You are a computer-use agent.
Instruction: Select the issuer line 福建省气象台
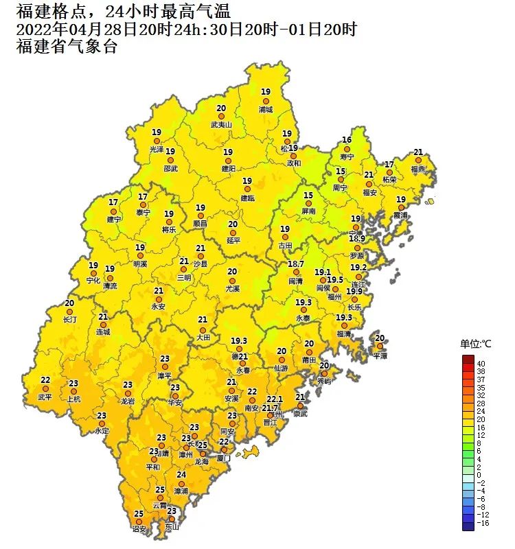click(x=66, y=47)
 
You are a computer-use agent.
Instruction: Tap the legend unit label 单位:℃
click(x=476, y=344)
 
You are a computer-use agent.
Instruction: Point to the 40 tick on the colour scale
click(x=481, y=363)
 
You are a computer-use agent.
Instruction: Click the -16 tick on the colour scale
click(x=482, y=524)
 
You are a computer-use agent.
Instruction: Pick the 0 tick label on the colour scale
click(x=479, y=475)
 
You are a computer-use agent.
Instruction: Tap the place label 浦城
click(x=265, y=109)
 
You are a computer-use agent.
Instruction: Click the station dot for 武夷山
click(x=221, y=117)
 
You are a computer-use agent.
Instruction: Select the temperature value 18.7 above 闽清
click(x=296, y=264)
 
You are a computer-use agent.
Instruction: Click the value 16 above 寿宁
click(x=347, y=140)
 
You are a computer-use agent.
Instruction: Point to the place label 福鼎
click(x=417, y=169)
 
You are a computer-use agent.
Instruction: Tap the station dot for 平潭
click(x=380, y=347)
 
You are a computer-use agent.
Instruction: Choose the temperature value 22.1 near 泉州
click(x=275, y=399)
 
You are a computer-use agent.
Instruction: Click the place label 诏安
click(x=139, y=529)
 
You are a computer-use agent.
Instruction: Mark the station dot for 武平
click(x=45, y=388)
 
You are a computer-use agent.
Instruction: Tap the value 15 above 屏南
click(x=308, y=196)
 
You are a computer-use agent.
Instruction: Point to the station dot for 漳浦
click(x=181, y=483)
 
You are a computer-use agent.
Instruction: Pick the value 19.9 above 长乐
click(x=354, y=291)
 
